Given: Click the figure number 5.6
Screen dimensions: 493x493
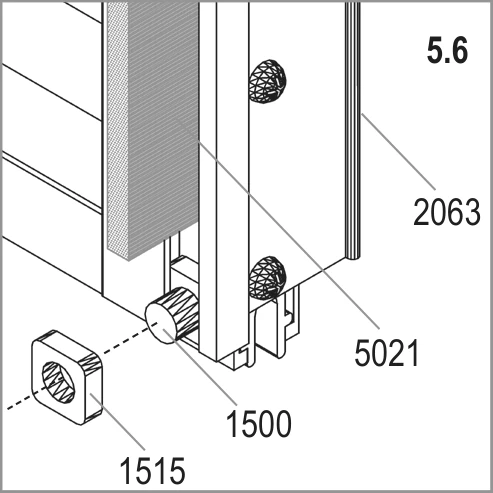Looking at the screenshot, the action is tap(448, 51).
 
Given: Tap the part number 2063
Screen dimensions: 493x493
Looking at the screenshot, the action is tap(447, 212).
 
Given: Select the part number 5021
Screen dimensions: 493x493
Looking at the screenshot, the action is tap(386, 353).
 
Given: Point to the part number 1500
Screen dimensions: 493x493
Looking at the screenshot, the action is tap(259, 423).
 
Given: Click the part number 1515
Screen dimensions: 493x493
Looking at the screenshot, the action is tap(152, 470).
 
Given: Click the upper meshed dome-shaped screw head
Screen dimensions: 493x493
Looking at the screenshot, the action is tap(268, 82).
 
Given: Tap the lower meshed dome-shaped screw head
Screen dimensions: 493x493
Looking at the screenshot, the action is tap(268, 277).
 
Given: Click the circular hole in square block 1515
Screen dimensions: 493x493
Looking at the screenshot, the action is tap(59, 382).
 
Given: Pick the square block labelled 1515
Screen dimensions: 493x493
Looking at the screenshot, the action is tap(67, 377).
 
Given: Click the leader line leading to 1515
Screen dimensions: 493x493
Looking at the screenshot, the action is tap(116, 421).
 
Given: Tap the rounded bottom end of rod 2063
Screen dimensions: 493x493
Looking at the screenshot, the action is tap(354, 256).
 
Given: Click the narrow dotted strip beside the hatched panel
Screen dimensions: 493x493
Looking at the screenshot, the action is tap(118, 130).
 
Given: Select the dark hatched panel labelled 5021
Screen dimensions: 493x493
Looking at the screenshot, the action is tap(163, 127).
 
